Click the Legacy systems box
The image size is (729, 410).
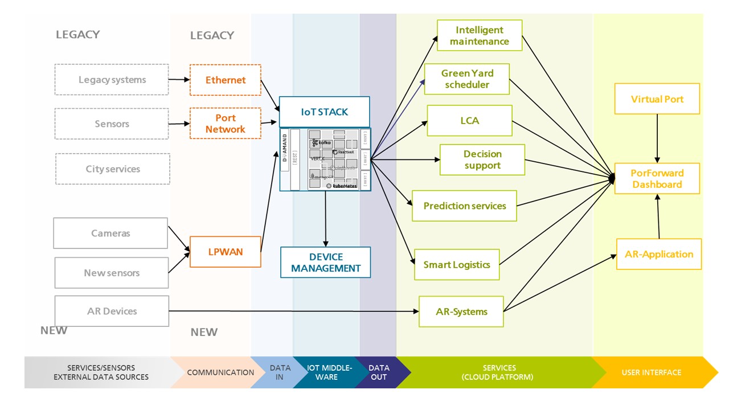tap(112, 80)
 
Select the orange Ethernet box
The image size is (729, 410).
tap(225, 80)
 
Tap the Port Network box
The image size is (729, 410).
tap(225, 124)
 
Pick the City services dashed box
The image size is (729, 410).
tap(112, 169)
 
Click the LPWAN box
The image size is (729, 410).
tap(225, 252)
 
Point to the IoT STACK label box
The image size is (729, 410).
tap(324, 112)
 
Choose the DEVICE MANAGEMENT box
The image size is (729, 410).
tap(326, 262)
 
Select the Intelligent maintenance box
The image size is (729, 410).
tap(479, 35)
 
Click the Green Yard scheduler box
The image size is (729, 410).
tap(466, 79)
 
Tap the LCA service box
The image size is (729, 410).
tap(469, 121)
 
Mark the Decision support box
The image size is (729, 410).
tap(482, 159)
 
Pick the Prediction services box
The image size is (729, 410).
tap(464, 206)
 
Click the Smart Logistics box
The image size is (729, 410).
tap(456, 264)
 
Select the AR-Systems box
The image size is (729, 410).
tap(461, 311)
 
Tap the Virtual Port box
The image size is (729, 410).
tap(657, 99)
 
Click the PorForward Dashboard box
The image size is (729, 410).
tap(657, 179)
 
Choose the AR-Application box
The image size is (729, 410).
tap(658, 254)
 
